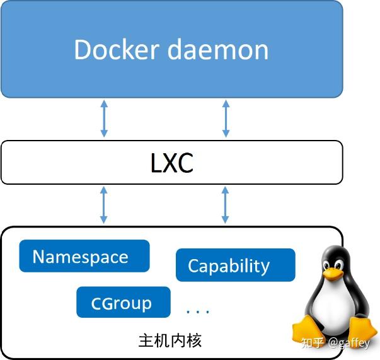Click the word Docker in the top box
115,50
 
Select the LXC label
172,163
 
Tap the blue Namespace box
84,256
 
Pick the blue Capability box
234,265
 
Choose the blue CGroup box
124,303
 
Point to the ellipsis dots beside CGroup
198,311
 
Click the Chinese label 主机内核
170,341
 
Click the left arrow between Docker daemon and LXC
104,119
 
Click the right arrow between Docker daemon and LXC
226,119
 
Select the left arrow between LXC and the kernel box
104,205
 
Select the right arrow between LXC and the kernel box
226,205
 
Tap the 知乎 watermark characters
313,343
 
